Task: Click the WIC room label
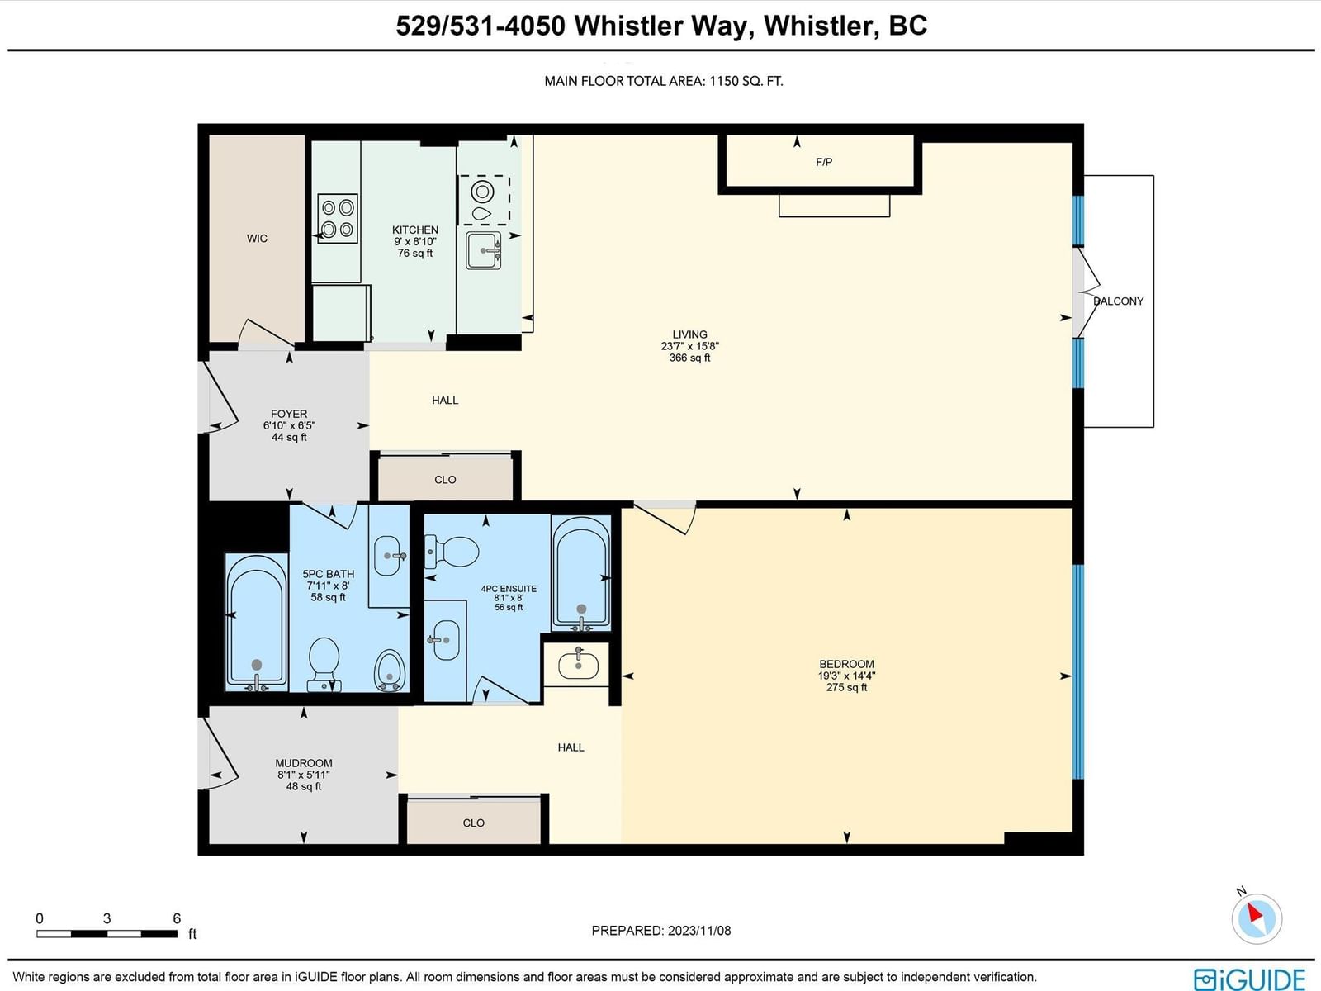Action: coord(257,239)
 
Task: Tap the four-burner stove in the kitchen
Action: coord(338,218)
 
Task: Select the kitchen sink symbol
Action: coord(483,250)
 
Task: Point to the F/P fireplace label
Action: coord(824,162)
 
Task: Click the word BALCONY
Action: coord(1118,301)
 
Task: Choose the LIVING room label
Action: coord(689,334)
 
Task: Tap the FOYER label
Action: coord(289,414)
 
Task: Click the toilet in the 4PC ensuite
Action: coord(452,552)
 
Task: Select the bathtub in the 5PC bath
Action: coord(257,623)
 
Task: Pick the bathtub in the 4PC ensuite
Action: coord(581,573)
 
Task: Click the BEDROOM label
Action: coord(847,664)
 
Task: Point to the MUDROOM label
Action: coord(304,764)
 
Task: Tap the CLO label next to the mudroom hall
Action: coord(474,823)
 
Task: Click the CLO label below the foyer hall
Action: coord(445,480)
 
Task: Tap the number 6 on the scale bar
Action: coord(177,919)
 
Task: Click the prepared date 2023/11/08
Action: coord(699,931)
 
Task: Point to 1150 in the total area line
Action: coord(724,81)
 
